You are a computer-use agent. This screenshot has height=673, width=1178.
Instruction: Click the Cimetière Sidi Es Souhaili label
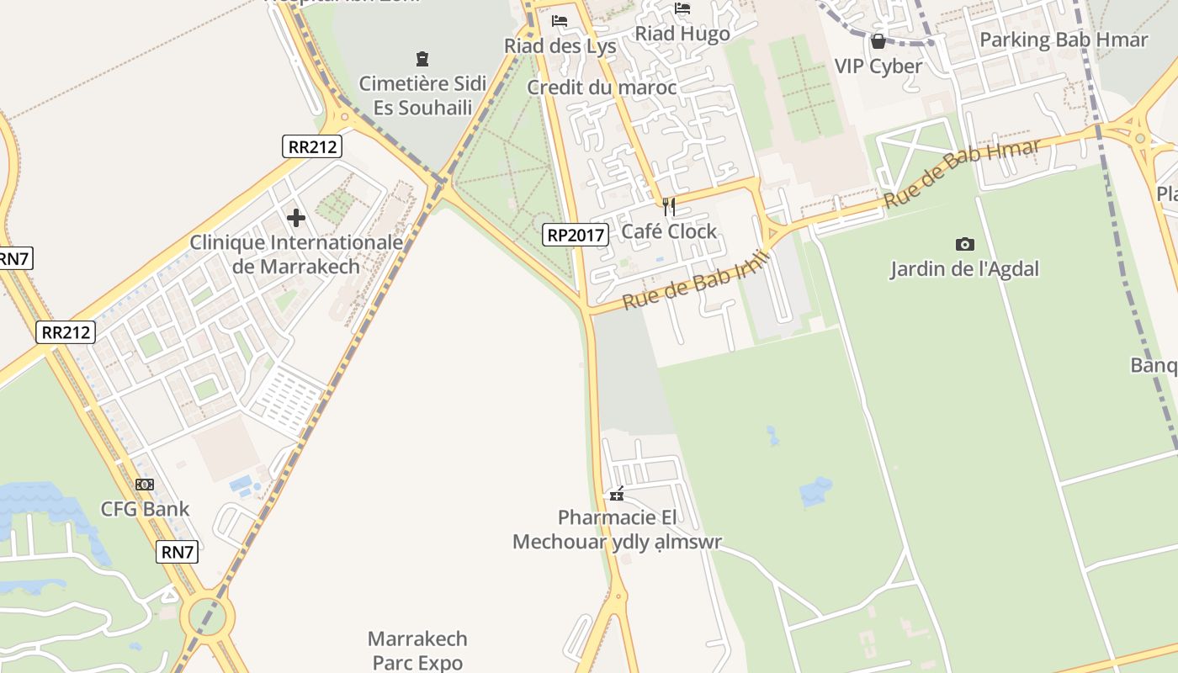[x=422, y=96]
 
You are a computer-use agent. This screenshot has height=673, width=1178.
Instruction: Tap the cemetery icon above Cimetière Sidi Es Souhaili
[x=422, y=59]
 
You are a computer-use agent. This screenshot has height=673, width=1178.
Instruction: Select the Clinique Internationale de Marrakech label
[x=296, y=254]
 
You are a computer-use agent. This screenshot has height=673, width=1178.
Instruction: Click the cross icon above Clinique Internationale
[x=296, y=219]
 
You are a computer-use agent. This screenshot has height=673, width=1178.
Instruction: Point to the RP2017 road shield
[x=576, y=235]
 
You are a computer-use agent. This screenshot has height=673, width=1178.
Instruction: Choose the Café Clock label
[x=669, y=231]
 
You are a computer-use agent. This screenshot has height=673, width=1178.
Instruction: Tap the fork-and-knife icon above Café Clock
[x=669, y=206]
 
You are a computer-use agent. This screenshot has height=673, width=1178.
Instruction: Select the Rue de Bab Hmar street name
[x=963, y=173]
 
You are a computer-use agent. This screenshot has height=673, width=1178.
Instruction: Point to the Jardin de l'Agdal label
[x=965, y=269]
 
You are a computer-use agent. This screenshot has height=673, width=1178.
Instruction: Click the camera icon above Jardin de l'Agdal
[x=965, y=245]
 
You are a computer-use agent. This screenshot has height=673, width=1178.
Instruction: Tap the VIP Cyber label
[x=878, y=66]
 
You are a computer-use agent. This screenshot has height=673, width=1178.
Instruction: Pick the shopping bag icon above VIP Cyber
[x=878, y=40]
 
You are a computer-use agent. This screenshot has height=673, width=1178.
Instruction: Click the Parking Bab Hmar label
[x=1064, y=40]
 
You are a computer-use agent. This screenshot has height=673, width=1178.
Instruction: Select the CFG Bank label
[x=146, y=509]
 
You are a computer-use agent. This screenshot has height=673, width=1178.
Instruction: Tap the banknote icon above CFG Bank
[x=145, y=485]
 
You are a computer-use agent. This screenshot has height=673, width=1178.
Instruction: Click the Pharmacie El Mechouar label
[x=617, y=529]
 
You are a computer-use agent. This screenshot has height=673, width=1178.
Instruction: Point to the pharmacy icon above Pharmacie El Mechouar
[x=617, y=494]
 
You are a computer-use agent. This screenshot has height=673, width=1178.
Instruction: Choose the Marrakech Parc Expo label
[x=417, y=650]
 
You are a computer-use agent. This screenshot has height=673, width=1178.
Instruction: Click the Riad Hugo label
[x=682, y=34]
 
